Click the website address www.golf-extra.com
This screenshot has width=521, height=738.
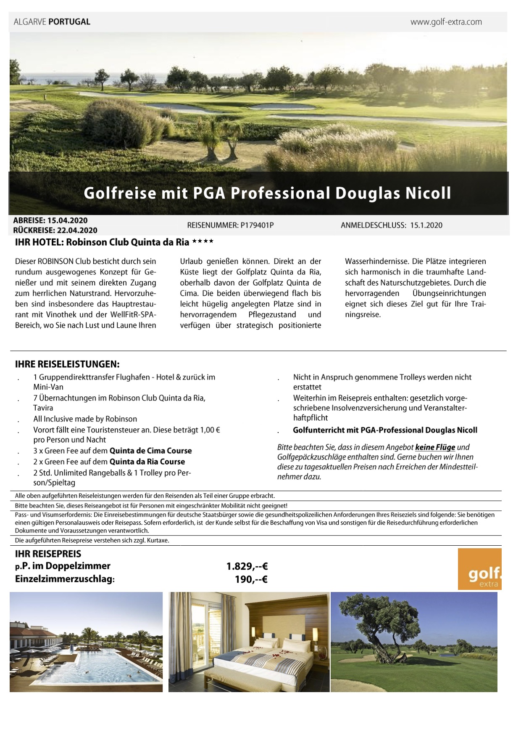pos(446,22)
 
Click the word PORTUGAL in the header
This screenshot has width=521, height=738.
pos(69,22)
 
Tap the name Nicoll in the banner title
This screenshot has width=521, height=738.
pos(428,193)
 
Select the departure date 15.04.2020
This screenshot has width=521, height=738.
pos(67,220)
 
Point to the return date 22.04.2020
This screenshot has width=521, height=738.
pos(77,230)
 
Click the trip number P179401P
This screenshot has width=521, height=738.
pos(257,225)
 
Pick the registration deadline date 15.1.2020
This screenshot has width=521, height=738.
pos(426,225)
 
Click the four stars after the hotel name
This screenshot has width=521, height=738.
pos(203,242)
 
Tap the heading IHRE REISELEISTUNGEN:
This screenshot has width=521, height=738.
pos(67,364)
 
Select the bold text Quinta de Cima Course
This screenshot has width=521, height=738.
pos(150,451)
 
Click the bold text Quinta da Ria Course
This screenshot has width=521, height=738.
pos(147,462)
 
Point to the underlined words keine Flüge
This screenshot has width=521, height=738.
pos(435,447)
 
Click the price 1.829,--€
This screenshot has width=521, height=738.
pos(247,566)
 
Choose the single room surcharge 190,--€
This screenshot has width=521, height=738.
pos(251,579)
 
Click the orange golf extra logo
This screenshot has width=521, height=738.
pos(479,569)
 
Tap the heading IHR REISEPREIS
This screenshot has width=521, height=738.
pos(48,554)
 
